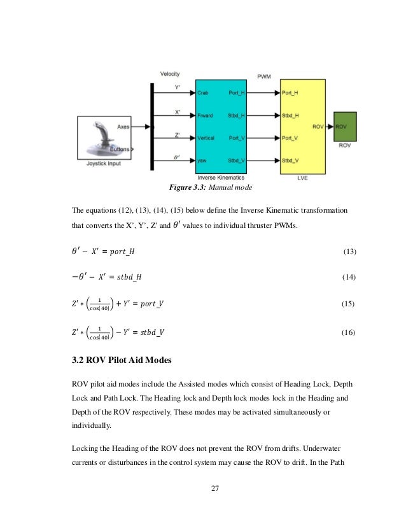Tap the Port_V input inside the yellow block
pos(290,138)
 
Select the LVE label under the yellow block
pos(303,178)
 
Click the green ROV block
pos(346,127)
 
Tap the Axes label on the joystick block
pos(123,127)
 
